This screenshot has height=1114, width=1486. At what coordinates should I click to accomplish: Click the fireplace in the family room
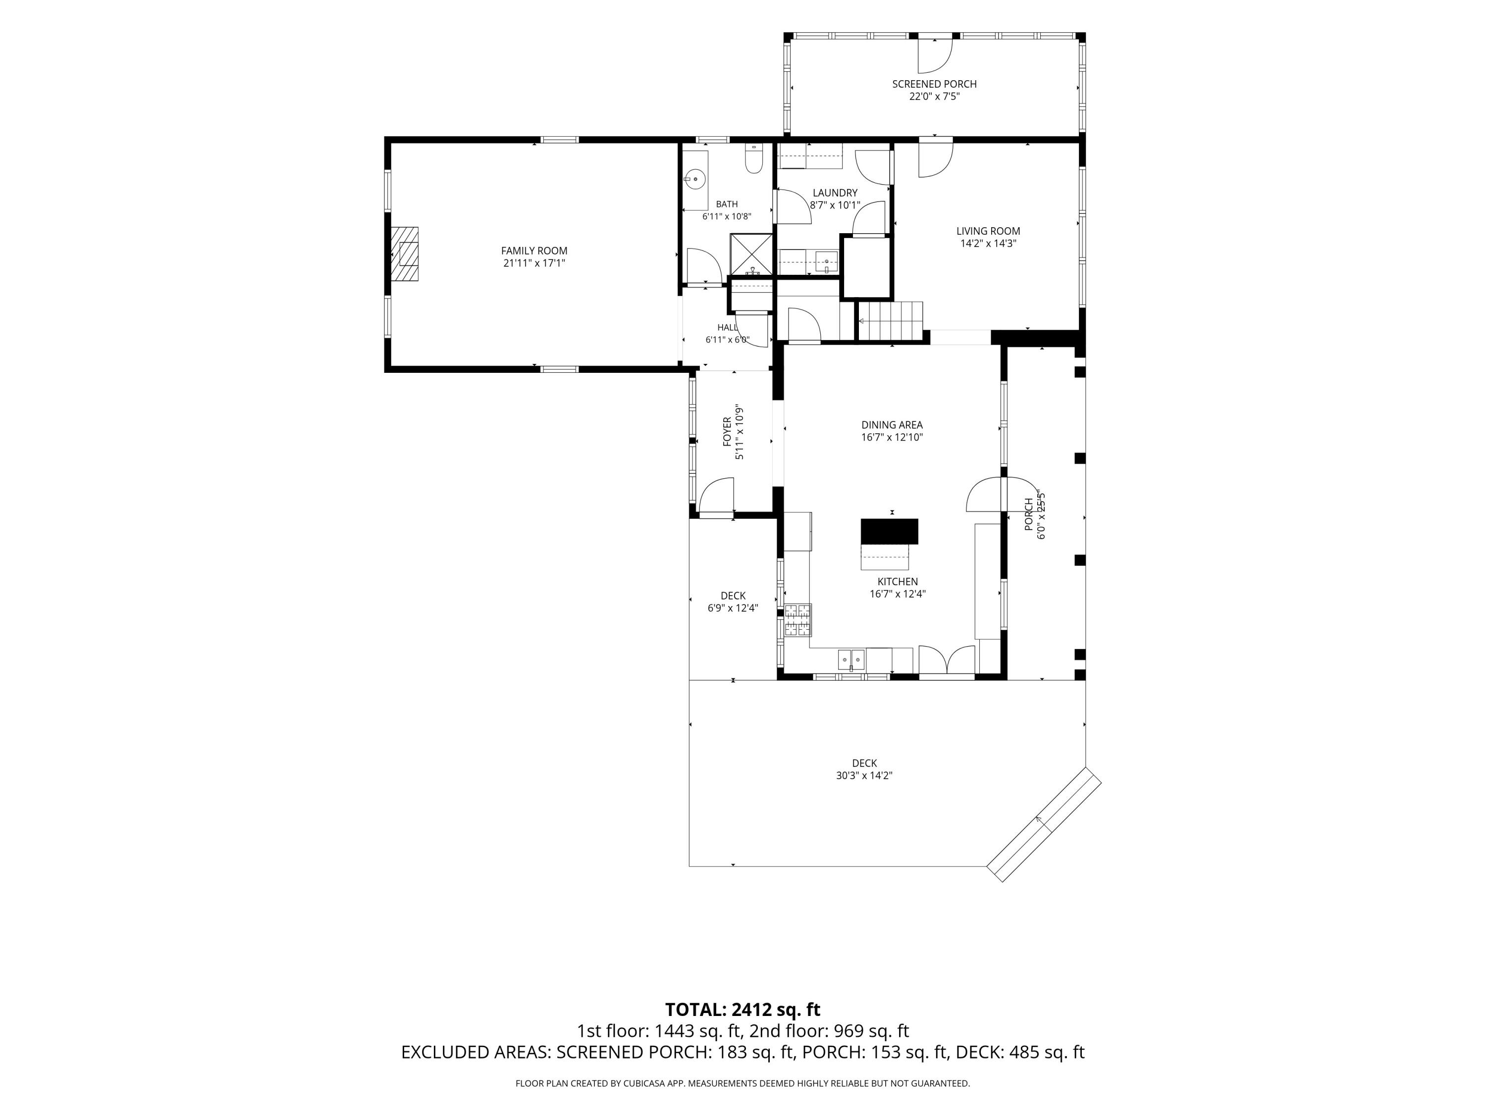tap(405, 254)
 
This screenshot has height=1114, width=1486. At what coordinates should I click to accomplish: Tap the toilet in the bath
tap(754, 158)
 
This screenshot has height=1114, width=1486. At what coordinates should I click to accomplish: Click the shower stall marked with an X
tap(751, 254)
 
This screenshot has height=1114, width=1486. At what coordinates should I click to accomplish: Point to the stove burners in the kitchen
tap(798, 620)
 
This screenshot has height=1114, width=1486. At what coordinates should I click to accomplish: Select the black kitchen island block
tap(890, 531)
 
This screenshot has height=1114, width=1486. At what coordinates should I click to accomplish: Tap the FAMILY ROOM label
tap(534, 251)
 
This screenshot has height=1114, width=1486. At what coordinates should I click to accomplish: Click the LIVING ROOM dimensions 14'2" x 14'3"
tap(988, 243)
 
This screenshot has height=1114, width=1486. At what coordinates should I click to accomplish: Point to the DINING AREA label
tap(892, 424)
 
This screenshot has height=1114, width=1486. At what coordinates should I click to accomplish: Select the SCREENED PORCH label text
tap(935, 84)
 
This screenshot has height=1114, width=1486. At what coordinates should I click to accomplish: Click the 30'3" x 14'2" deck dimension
tap(864, 775)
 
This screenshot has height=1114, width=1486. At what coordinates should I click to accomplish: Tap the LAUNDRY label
tap(835, 193)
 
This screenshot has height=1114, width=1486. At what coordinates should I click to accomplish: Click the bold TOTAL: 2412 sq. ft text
tap(743, 1009)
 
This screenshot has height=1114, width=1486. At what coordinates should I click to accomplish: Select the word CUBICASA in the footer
tap(645, 1083)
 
